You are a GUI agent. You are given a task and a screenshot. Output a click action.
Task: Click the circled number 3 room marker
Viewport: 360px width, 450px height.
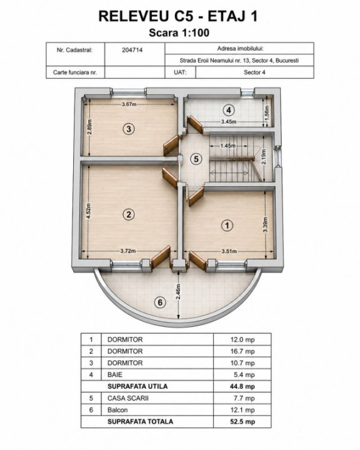tap(129, 129)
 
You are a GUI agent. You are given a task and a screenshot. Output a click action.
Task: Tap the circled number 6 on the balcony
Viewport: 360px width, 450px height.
tap(160, 302)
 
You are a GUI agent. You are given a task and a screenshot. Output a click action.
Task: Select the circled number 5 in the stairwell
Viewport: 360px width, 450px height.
tap(196, 159)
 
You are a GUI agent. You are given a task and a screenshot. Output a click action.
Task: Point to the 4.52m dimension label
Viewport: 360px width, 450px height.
tap(89, 211)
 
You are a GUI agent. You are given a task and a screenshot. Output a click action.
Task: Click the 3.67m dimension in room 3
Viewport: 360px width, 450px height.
tap(129, 104)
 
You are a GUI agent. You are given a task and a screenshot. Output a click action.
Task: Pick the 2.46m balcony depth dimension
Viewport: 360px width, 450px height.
tap(178, 292)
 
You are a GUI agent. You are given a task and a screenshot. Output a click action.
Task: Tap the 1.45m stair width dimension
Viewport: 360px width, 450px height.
tap(228, 146)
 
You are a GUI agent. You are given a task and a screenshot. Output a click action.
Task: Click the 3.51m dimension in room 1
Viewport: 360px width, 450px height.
tap(229, 251)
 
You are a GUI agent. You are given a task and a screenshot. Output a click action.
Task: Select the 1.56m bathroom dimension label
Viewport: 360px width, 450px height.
tap(267, 111)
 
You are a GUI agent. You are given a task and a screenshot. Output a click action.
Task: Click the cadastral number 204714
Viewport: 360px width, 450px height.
tap(132, 50)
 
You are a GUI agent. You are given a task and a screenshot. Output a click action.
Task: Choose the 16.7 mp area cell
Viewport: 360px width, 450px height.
tap(242, 351)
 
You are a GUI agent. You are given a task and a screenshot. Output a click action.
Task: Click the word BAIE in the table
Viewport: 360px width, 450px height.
tap(115, 375)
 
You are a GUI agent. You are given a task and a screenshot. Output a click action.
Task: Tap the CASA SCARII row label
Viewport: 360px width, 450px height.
tap(128, 398)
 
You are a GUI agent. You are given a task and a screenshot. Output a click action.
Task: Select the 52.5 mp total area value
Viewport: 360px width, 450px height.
tap(242, 422)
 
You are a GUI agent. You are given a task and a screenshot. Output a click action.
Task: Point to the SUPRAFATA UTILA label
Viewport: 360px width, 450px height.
tap(137, 386)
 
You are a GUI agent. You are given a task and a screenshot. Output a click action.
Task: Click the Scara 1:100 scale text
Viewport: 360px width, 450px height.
tap(179, 32)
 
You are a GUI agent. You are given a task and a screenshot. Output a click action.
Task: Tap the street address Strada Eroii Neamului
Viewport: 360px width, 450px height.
tap(239, 61)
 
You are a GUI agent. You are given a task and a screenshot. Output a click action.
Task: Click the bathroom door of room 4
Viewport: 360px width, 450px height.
tap(195, 124)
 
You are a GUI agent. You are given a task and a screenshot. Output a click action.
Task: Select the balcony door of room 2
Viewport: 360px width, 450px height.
tap(161, 257)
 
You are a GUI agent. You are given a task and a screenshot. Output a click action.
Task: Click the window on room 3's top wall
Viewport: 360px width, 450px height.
tap(128, 92)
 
